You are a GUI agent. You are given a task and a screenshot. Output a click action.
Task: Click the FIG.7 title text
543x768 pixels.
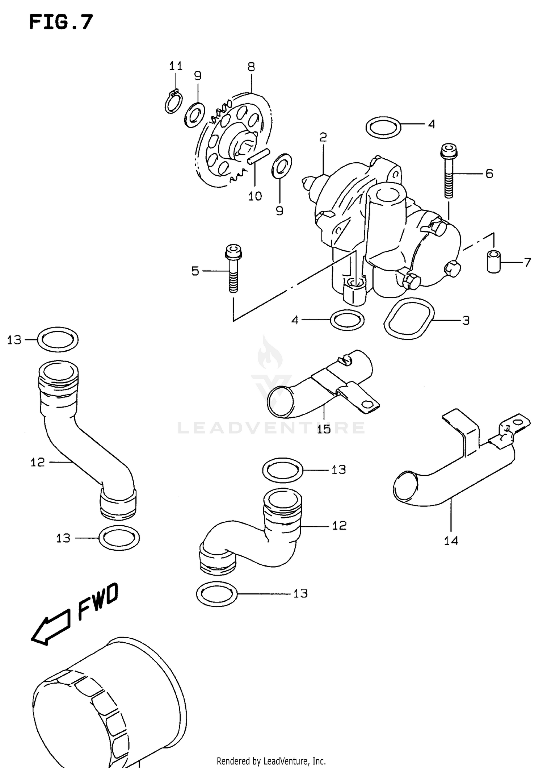pyautogui.click(x=61, y=22)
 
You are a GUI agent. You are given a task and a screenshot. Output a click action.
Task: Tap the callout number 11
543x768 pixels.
pyautogui.click(x=176, y=66)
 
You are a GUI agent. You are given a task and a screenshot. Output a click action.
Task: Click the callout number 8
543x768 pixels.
pyautogui.click(x=251, y=67)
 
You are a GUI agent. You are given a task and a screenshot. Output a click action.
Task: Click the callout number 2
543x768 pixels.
pyautogui.click(x=323, y=137)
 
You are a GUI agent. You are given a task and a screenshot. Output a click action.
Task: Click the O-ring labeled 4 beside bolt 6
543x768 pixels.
pyautogui.click(x=383, y=127)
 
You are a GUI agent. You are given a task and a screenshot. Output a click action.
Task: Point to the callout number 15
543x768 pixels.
pyautogui.click(x=324, y=430)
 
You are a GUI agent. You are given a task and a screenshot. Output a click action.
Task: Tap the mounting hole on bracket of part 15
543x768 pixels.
pyautogui.click(x=369, y=405)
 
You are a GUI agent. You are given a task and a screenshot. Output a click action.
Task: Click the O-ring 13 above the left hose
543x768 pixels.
pyautogui.click(x=58, y=339)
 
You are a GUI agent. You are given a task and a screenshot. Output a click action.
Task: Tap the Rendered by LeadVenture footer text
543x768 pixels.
pyautogui.click(x=271, y=761)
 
